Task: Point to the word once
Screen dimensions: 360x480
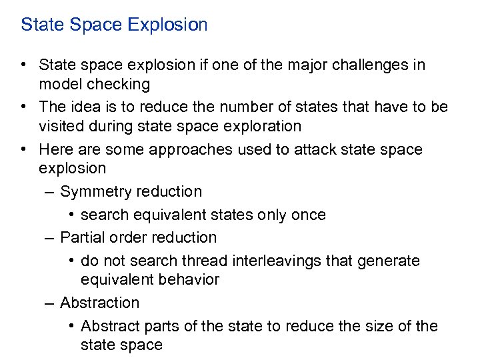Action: tap(308, 215)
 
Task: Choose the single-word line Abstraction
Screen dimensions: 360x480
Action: tap(99, 303)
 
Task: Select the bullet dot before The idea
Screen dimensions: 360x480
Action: tap(23, 107)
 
